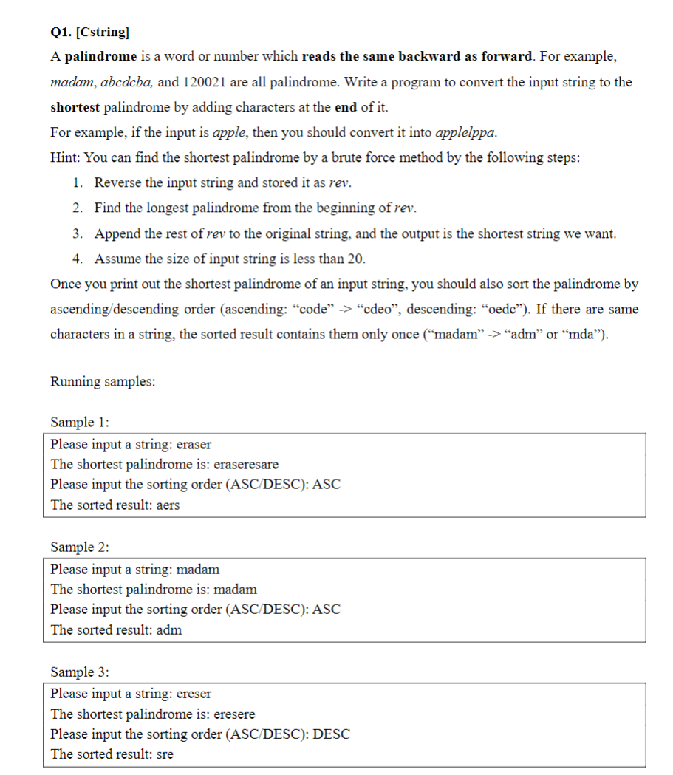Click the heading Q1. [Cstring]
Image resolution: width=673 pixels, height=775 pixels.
(89, 32)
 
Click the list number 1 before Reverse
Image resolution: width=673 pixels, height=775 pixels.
(78, 182)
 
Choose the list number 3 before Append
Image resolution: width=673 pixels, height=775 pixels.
(78, 233)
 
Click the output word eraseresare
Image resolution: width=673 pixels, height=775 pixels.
(246, 465)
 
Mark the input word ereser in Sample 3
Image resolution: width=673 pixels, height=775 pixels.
(194, 694)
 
